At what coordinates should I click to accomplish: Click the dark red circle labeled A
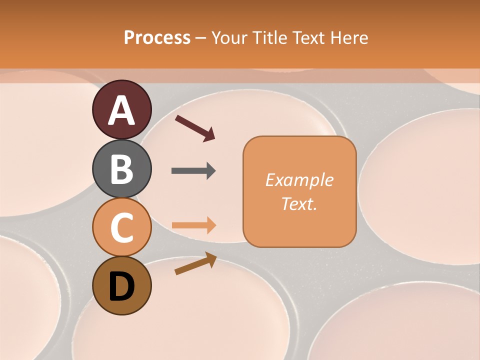pyautogui.click(x=121, y=109)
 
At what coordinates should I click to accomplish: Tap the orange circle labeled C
pyautogui.click(x=121, y=227)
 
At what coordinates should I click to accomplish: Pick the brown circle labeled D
pyautogui.click(x=121, y=285)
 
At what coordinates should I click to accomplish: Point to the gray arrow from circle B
pyautogui.click(x=193, y=171)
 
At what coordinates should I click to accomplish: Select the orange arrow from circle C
pyautogui.click(x=193, y=225)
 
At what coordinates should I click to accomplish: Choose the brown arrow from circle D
pyautogui.click(x=195, y=264)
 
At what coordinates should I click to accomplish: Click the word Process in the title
pyautogui.click(x=157, y=37)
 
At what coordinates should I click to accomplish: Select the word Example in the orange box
pyautogui.click(x=299, y=180)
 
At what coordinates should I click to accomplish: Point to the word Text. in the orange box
pyautogui.click(x=299, y=203)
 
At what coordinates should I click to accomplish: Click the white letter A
pyautogui.click(x=121, y=110)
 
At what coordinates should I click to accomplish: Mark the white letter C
pyautogui.click(x=121, y=227)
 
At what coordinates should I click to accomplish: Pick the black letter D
pyautogui.click(x=121, y=286)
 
